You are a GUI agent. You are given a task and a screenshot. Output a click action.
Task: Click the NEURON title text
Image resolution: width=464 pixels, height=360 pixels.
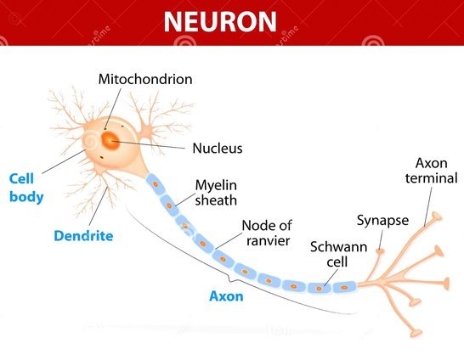pos(220,21)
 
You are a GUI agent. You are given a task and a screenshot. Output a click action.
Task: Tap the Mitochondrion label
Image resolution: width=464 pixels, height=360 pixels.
pos(145,79)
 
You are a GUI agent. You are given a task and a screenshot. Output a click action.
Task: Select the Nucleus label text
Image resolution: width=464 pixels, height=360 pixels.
pos(218,148)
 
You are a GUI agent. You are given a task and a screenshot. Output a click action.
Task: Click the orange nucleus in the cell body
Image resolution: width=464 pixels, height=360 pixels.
pos(110,140)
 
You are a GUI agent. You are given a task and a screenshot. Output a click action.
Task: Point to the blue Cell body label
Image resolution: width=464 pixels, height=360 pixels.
pos(26,188)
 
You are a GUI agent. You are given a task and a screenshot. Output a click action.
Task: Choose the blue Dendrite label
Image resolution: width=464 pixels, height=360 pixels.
pos(83,236)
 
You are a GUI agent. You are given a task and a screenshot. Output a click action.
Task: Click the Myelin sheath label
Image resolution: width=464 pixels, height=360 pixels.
pos(216,193)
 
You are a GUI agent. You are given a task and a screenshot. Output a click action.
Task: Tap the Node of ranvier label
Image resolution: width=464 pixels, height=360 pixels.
pos(267,233)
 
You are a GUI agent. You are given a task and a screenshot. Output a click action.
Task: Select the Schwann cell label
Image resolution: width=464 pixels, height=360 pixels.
pos(338,255)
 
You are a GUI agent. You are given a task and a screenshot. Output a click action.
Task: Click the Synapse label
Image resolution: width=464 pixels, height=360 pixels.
pos(382,220)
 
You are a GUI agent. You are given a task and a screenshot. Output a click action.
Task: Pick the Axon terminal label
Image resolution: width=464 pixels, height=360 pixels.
pos(432,171)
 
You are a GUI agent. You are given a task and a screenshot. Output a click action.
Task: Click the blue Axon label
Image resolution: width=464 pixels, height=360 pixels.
pos(226,296)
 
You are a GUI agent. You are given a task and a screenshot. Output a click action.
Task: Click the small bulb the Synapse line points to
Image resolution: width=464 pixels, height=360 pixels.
pos(380,251)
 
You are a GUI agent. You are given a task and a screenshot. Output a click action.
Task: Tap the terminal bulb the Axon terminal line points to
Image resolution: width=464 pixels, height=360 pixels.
pos(437,217)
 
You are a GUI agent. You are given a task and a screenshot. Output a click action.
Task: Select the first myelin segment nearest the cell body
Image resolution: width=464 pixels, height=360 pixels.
pos(155,184)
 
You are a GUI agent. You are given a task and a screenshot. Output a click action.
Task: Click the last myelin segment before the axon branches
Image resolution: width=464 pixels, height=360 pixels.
pos(344,287)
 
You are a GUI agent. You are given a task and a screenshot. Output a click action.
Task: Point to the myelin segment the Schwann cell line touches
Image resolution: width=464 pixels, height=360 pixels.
pos(319,288)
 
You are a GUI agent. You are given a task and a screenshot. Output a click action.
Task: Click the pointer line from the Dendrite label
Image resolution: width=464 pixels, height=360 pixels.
pos(98,206)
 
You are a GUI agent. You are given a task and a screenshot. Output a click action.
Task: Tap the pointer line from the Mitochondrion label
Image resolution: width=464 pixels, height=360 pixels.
pos(112,109)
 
